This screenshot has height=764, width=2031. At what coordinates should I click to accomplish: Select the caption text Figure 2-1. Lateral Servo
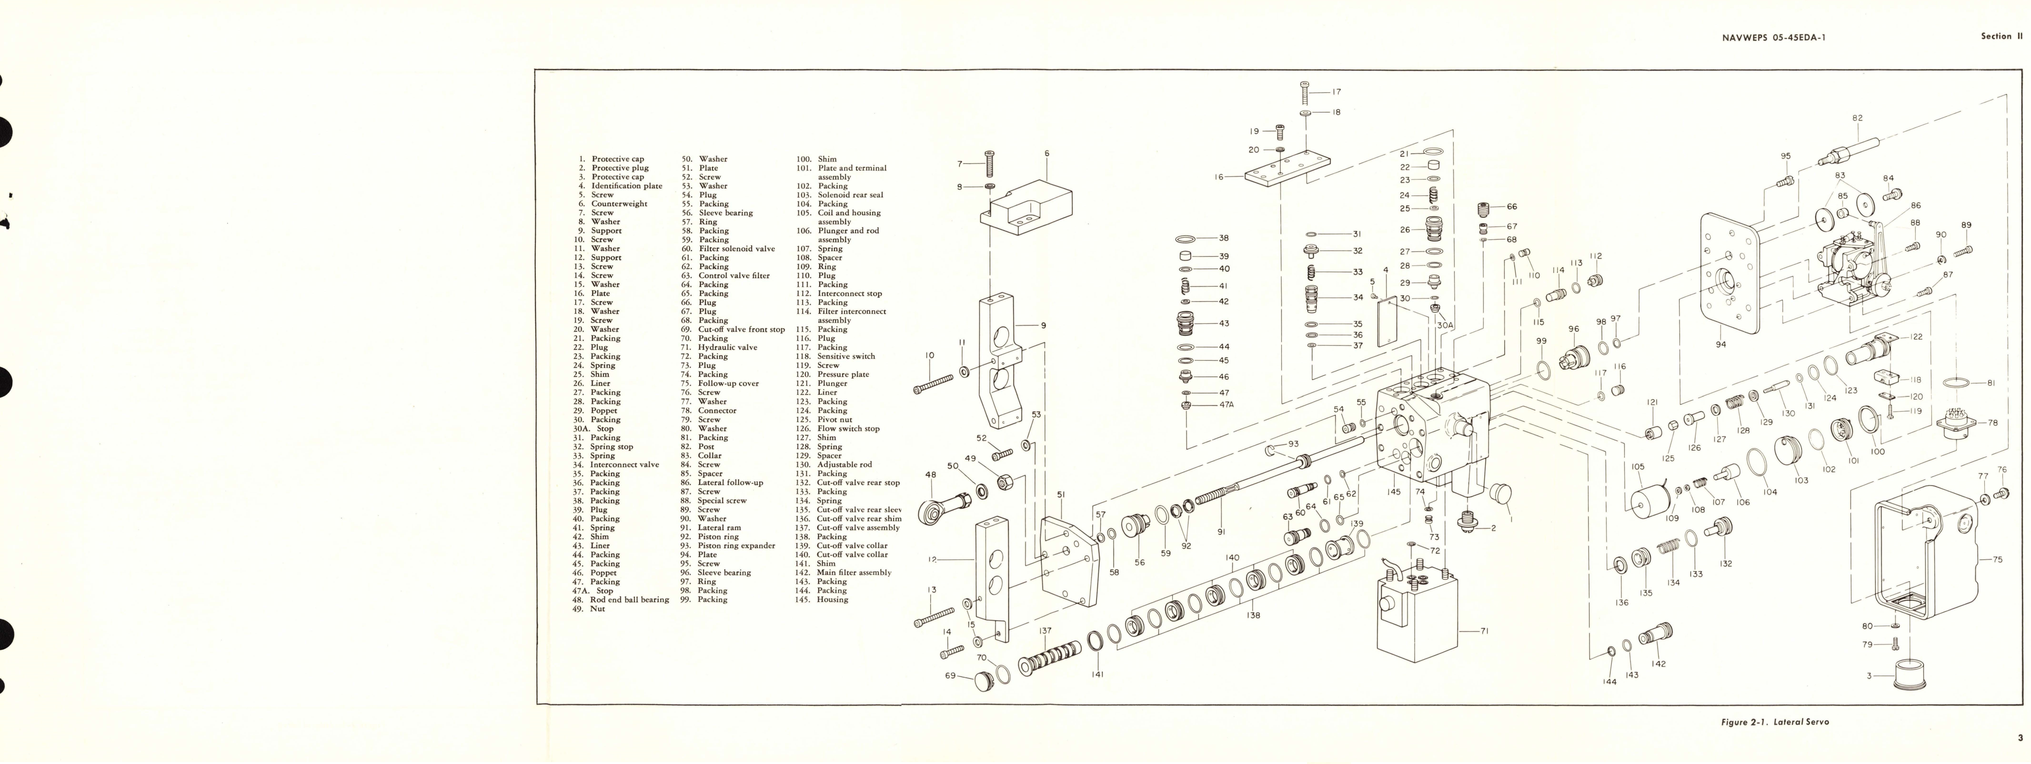coord(1774,722)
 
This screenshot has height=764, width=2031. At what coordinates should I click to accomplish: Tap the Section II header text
coord(2001,36)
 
